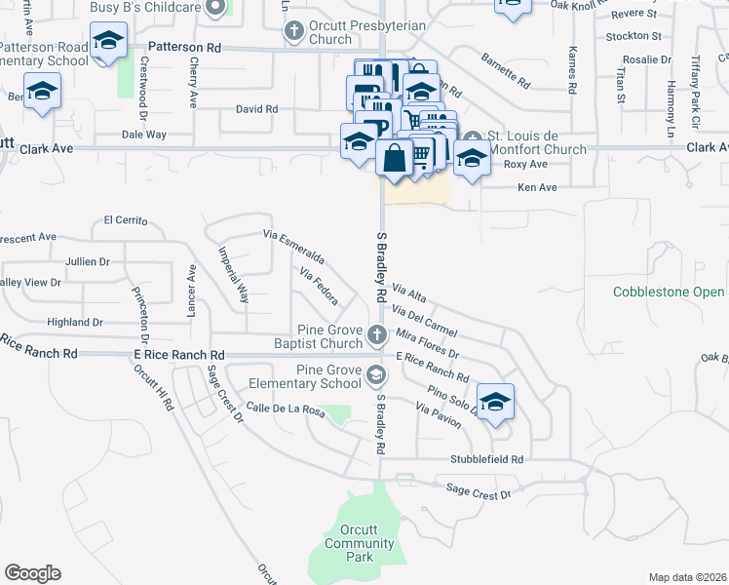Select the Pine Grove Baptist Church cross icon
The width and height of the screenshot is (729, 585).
coord(377,337)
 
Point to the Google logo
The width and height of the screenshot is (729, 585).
coord(32,573)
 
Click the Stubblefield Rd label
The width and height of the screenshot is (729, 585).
coord(487,458)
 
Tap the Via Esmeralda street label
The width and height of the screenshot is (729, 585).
coord(293,250)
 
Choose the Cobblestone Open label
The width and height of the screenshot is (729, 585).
coord(669,292)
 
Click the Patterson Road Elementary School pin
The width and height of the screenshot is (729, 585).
coord(107,42)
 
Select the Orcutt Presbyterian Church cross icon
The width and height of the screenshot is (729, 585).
coord(293,31)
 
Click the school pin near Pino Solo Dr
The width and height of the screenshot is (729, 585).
coord(495,403)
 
